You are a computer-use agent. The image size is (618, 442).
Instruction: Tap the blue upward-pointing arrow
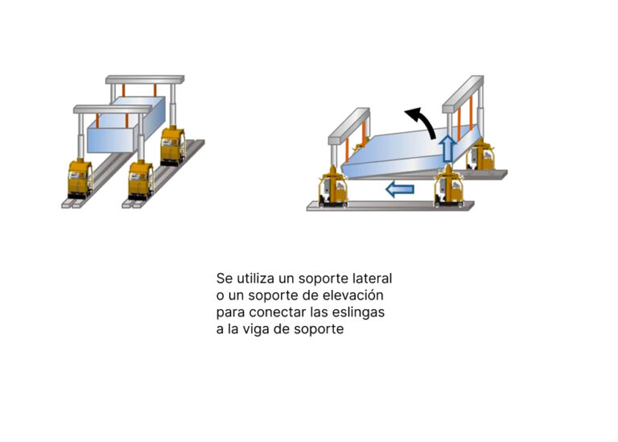point(447,148)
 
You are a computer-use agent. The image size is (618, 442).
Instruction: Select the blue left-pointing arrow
point(400,190)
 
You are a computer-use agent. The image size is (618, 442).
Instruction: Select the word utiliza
point(255,279)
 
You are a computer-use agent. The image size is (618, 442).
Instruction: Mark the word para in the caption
point(231,313)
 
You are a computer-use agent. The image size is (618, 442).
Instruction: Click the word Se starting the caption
point(225,279)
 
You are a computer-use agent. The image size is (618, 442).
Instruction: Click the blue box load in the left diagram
point(126,125)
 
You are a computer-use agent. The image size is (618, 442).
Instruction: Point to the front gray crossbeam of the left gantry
point(113,109)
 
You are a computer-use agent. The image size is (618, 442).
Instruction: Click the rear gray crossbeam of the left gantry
point(145,79)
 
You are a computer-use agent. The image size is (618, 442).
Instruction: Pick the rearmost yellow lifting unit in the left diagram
point(173,146)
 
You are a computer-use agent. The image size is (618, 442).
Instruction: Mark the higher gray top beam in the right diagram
point(463,94)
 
